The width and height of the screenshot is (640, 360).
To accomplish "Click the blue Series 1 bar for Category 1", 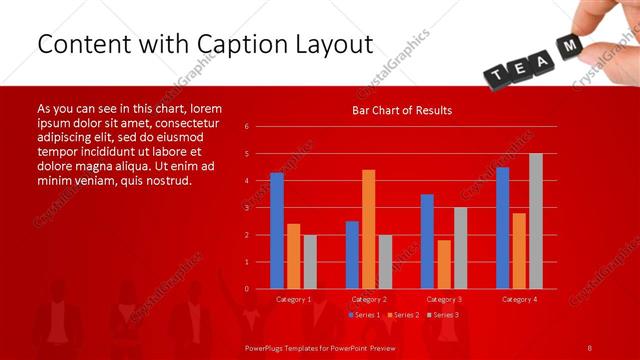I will [x=277, y=231].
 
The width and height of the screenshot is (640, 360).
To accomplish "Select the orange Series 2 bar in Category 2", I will [x=369, y=229].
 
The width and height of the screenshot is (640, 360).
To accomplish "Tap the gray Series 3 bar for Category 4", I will [x=536, y=221].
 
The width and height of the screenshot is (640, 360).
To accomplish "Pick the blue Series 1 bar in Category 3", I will [x=427, y=241].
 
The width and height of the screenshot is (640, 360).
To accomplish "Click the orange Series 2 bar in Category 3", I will [x=444, y=264].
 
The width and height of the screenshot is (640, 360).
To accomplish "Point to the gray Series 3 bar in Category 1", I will [x=310, y=262].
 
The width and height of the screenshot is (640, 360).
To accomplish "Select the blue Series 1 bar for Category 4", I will [x=502, y=228].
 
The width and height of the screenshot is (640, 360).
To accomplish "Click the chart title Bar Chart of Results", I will [x=402, y=110].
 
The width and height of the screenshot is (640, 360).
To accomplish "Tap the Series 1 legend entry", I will [x=364, y=315].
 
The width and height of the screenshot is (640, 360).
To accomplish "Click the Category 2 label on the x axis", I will [x=369, y=299].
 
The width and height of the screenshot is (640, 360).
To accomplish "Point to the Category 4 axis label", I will [x=519, y=299].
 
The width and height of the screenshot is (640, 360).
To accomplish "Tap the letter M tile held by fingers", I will [x=570, y=46].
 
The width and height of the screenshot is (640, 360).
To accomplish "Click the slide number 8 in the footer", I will [x=590, y=346].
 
